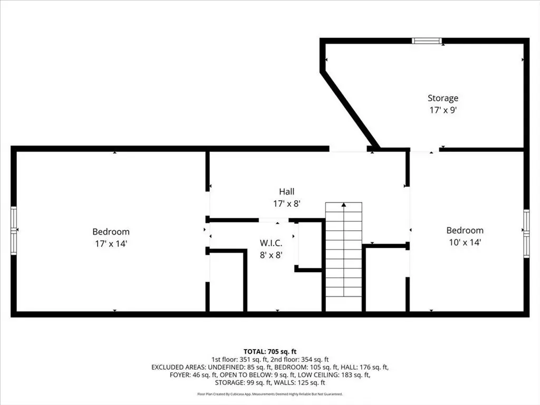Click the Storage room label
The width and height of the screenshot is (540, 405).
click(443, 98)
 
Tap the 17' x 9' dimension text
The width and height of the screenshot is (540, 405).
click(443, 110)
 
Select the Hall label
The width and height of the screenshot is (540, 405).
click(286, 191)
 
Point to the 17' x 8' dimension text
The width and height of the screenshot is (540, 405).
click(287, 204)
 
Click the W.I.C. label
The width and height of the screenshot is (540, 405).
click(271, 243)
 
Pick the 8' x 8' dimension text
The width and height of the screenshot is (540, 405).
click(271, 255)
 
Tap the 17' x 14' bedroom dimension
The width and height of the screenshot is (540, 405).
click(111, 244)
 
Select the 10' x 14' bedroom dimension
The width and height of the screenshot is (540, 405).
click(465, 243)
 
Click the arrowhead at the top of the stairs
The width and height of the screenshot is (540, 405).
click(344, 205)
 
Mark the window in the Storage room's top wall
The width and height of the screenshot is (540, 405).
click(427, 41)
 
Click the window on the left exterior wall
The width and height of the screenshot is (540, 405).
click(14, 230)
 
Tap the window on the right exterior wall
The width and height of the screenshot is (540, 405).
click(526, 234)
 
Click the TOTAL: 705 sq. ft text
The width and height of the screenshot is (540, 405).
click(270, 352)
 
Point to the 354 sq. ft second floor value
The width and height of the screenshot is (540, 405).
click(315, 360)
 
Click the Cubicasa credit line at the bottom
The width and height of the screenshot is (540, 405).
click(270, 394)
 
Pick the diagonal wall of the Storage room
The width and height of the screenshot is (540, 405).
click(350, 110)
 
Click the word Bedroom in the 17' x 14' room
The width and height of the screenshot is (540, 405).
click(111, 232)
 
